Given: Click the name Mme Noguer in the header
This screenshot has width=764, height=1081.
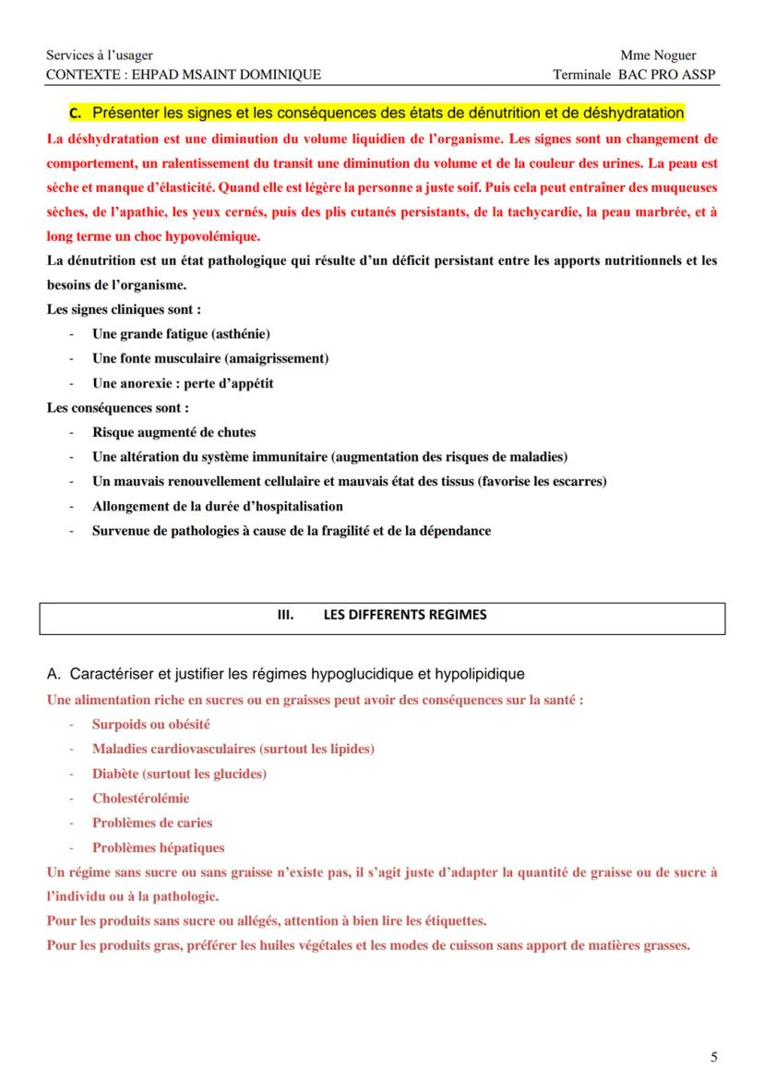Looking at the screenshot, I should click(658, 55).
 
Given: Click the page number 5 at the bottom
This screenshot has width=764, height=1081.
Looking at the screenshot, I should click(713, 1057).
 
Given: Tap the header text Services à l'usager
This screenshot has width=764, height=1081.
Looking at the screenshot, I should click(100, 55).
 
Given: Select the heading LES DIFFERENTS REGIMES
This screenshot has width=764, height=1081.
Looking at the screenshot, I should click(405, 615).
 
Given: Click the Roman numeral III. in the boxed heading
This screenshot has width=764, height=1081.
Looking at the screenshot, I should click(287, 615).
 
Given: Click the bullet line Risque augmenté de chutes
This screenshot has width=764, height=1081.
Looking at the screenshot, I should click(173, 432).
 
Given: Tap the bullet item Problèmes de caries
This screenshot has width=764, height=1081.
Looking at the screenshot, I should click(151, 823).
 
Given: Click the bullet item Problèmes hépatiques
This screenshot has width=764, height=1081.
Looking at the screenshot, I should click(158, 847).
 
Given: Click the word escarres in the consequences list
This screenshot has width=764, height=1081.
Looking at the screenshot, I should click(576, 481).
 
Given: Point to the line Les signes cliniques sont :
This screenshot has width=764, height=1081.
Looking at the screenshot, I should click(124, 309).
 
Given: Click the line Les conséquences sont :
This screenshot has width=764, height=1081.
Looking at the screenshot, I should click(118, 407).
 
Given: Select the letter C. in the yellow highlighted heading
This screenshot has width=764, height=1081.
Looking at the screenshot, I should click(76, 114).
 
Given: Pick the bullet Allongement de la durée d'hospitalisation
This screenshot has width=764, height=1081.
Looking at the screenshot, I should click(217, 506).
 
